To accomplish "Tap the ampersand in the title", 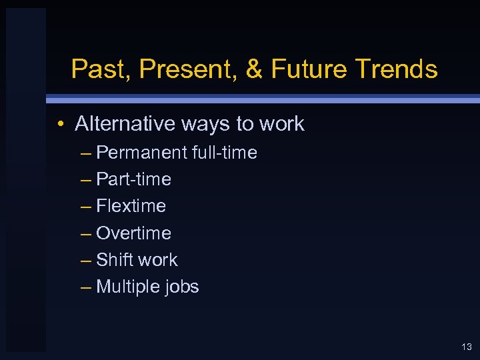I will (x=255, y=69).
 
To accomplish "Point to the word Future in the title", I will (x=307, y=69).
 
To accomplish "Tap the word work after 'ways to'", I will (x=281, y=124).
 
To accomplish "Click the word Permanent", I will (x=141, y=153).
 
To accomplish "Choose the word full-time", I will (x=224, y=153).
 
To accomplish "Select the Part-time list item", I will (x=133, y=179).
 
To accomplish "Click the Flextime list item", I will (x=131, y=206).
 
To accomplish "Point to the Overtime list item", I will (x=133, y=233).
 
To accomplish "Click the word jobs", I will (x=181, y=287).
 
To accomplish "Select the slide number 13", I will (x=466, y=347).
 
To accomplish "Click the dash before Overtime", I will (x=85, y=234).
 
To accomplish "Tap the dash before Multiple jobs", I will (x=85, y=287).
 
